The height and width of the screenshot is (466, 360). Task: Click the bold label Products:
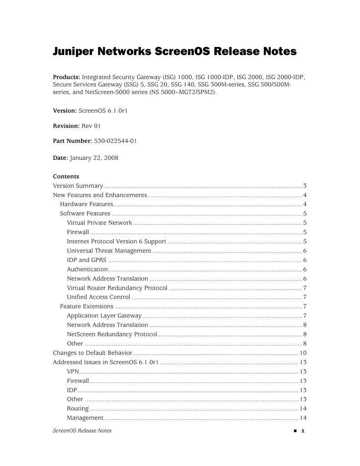[x=66, y=77]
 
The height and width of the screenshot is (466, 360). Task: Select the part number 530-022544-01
[x=115, y=141]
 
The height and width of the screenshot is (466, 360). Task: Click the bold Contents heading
[x=66, y=176]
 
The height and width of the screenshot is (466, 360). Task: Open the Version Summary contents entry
[x=78, y=186]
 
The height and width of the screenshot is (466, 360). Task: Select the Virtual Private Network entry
[x=99, y=223]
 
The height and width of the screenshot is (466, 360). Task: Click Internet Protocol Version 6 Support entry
[x=116, y=242]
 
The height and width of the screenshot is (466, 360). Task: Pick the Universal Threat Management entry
[x=109, y=251]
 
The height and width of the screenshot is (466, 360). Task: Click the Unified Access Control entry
[x=98, y=297]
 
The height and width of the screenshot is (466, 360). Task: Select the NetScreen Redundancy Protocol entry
[x=112, y=334]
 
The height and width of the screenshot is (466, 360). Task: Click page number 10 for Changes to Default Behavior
[x=303, y=353]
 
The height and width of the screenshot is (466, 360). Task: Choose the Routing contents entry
[x=78, y=409]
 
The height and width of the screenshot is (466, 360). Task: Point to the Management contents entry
[x=85, y=418]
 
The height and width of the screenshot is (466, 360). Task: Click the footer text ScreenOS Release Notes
[x=82, y=431]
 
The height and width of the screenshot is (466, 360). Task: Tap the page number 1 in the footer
[x=303, y=431]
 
